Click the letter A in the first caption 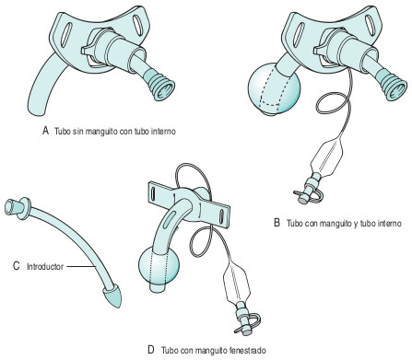(x=44, y=131)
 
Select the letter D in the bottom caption (x=150, y=350)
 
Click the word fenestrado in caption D (x=242, y=350)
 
